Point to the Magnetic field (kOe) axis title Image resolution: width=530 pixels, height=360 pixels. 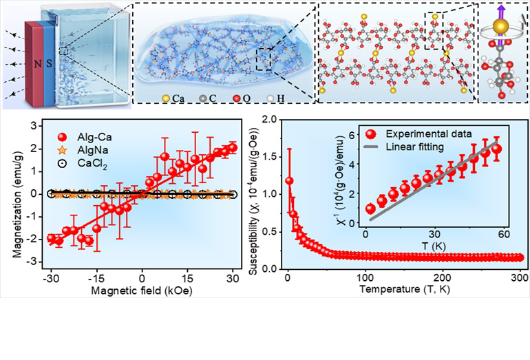coord(142,291)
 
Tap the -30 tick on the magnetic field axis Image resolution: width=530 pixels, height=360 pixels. coord(50,278)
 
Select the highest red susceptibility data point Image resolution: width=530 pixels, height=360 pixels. coord(289,181)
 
